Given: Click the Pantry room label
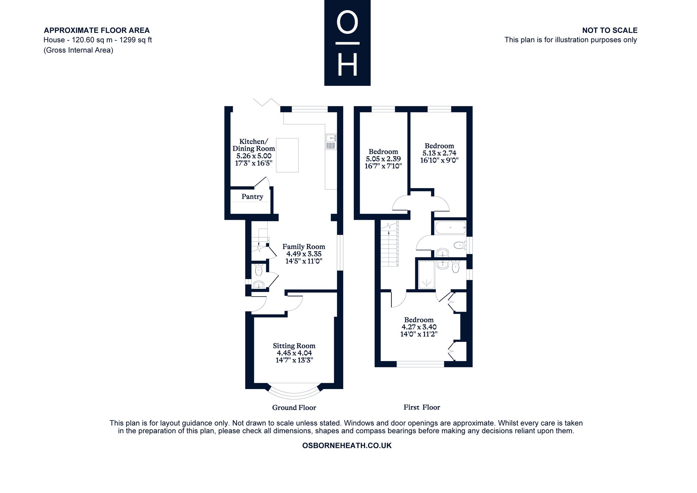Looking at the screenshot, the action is pos(252,197).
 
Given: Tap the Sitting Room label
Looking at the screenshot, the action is pos(294,346).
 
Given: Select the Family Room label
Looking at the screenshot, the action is pos(304,247).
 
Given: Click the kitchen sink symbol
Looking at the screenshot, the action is pos(331,142).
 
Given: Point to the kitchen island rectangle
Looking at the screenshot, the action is pos(287,155).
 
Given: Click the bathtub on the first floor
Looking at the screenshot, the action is pos(450,227).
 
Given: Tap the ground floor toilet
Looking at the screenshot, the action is pos(259,270).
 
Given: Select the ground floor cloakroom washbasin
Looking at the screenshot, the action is pos(259,285).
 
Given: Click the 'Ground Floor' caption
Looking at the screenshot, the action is pos(294,408).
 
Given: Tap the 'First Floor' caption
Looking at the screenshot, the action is pos(422,407).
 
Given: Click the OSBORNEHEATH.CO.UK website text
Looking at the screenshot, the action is pos(347,446).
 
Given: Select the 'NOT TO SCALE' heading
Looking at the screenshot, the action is pos(610,30).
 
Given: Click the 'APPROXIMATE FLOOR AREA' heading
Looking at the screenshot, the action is pos(97,30).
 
